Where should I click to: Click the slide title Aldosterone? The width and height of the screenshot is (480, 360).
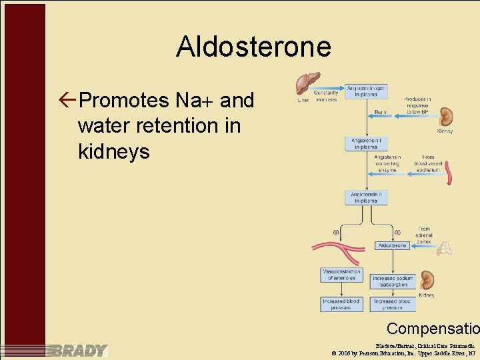click(253, 47)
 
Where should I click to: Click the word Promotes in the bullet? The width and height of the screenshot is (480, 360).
click(124, 101)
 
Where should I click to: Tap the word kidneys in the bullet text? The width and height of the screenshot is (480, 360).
click(114, 151)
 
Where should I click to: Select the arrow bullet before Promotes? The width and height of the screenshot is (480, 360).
click(67, 101)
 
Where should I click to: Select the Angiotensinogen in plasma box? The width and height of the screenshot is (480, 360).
click(366, 91)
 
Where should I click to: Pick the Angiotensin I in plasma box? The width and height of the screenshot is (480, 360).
click(366, 143)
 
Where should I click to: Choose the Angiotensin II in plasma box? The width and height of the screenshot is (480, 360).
click(366, 197)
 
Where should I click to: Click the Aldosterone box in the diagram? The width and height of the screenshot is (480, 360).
click(392, 245)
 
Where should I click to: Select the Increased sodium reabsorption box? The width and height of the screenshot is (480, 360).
click(393, 281)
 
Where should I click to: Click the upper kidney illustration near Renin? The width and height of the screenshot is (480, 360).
click(445, 117)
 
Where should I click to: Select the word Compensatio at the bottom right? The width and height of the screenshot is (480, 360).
click(433, 329)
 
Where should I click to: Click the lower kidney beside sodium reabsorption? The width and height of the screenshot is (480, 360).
click(427, 279)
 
